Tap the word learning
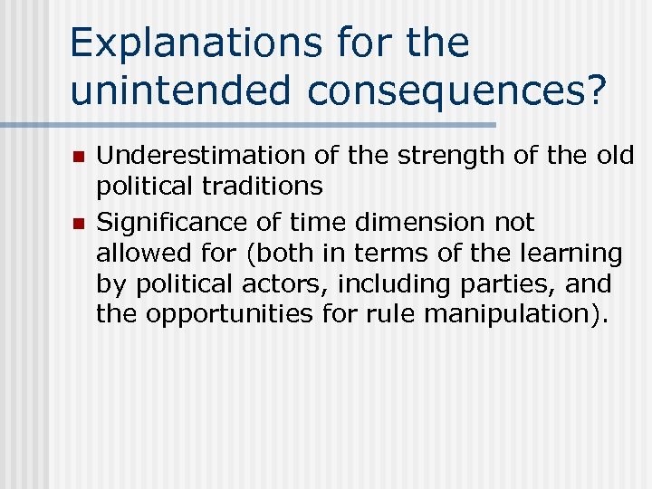pos(579,254)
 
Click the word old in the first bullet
pos(617,156)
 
